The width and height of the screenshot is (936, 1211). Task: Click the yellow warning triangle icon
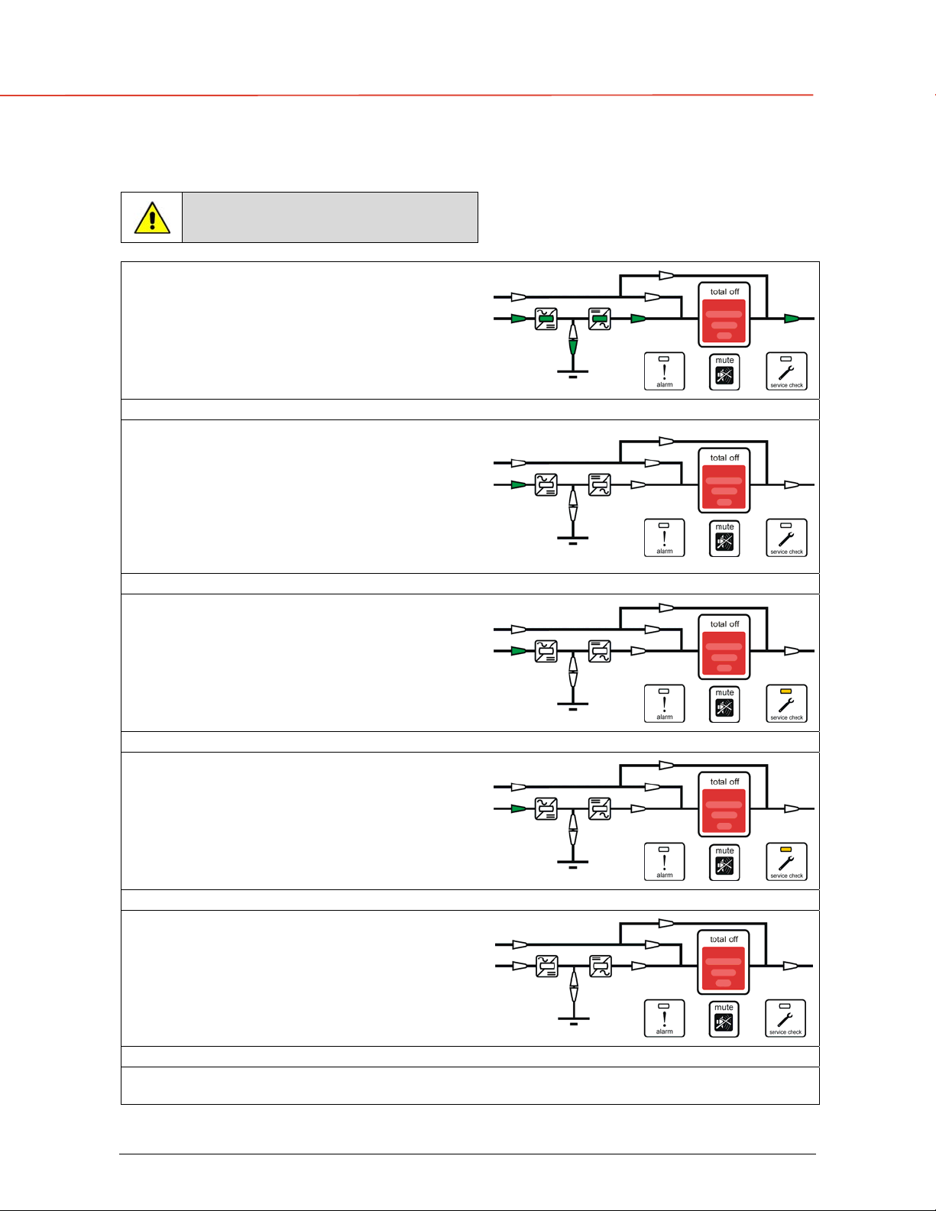pyautogui.click(x=152, y=218)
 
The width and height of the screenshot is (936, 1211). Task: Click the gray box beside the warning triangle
pyautogui.click(x=330, y=217)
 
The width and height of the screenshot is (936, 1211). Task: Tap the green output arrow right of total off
pyautogui.click(x=792, y=319)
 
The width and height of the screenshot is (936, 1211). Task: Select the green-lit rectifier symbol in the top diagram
pyautogui.click(x=546, y=319)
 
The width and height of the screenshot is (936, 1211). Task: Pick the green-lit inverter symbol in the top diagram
pyautogui.click(x=600, y=319)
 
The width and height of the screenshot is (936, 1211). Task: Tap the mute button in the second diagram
pyautogui.click(x=724, y=539)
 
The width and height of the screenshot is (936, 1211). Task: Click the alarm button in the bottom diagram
pyautogui.click(x=664, y=1018)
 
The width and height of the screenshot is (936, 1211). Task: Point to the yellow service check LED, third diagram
pyautogui.click(x=785, y=691)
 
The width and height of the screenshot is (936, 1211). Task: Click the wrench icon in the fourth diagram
pyautogui.click(x=786, y=863)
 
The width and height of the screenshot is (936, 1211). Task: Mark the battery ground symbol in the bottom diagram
pyautogui.click(x=573, y=1021)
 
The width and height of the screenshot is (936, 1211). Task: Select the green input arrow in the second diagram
pyautogui.click(x=519, y=485)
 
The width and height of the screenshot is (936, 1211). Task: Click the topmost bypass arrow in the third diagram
pyautogui.click(x=666, y=607)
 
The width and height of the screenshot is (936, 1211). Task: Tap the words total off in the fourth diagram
pyautogui.click(x=724, y=782)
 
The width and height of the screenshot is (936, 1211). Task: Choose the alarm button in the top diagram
pyautogui.click(x=664, y=371)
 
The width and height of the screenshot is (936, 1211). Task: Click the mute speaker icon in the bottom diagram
pyautogui.click(x=724, y=1022)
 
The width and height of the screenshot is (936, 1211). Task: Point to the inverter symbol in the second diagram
pyautogui.click(x=600, y=485)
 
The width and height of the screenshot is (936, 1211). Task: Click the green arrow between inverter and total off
pyautogui.click(x=638, y=319)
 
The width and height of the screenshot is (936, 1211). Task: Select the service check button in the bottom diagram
pyautogui.click(x=785, y=1018)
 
